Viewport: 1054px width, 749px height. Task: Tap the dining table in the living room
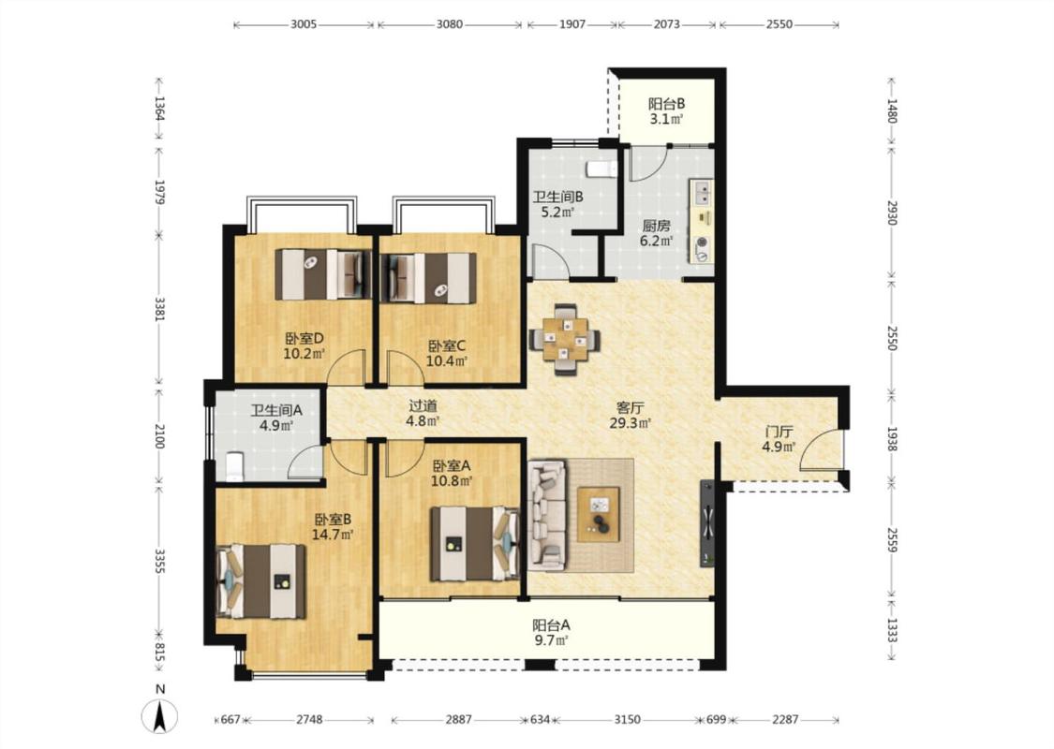[565, 339]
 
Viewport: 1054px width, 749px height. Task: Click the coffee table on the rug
[599, 514]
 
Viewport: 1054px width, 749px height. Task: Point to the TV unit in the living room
[707, 523]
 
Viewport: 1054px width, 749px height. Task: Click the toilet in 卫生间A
[234, 467]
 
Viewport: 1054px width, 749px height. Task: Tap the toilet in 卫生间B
[601, 169]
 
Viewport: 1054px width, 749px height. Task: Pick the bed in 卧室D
[323, 274]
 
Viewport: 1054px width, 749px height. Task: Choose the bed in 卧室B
[260, 581]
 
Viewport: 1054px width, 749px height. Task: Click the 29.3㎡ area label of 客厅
[630, 423]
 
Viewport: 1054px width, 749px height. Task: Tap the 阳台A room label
[551, 624]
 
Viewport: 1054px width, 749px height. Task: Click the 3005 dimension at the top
[304, 24]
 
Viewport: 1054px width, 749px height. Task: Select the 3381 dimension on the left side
[159, 309]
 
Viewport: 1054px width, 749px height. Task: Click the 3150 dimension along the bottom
[627, 719]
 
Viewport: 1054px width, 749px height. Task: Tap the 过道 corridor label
[423, 405]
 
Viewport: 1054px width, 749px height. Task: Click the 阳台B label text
[666, 104]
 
